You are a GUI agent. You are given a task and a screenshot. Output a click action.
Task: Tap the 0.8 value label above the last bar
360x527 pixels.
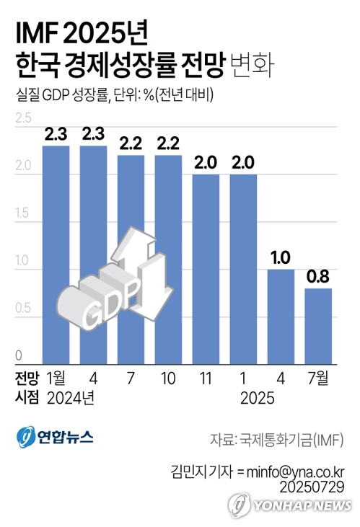(x=318, y=277)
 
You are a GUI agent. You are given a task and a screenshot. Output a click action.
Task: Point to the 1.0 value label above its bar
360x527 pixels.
(x=281, y=258)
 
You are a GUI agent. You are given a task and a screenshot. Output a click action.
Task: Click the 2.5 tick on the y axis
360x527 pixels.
(x=23, y=118)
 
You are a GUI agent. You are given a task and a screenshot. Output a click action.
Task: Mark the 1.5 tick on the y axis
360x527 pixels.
(x=23, y=213)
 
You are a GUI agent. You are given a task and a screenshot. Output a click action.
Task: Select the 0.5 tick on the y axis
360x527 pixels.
(x=23, y=309)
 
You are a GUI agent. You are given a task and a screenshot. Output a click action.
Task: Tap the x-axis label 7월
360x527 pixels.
(x=318, y=378)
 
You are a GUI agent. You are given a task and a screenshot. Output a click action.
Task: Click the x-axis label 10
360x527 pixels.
(x=168, y=378)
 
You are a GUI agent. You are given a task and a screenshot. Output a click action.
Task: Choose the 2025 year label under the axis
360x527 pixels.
(x=259, y=397)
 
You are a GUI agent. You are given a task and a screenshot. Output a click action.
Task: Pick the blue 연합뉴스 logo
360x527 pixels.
(x=55, y=437)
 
